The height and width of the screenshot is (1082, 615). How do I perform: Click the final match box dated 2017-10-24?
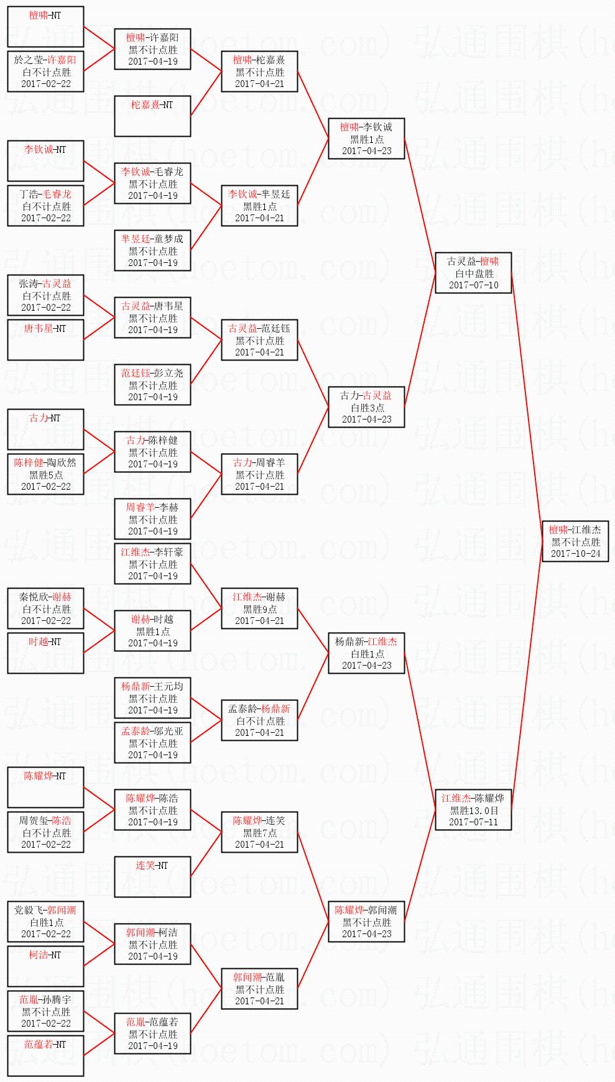[575, 541]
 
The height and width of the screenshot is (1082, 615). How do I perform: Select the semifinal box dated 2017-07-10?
[474, 273]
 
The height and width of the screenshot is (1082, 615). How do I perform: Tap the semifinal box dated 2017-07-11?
[474, 810]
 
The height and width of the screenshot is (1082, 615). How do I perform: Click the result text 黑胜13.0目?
[474, 810]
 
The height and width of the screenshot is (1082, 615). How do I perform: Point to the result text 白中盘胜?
[474, 273]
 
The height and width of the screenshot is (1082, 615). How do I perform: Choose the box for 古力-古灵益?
[366, 407]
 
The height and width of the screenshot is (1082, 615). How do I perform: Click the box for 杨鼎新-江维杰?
[366, 653]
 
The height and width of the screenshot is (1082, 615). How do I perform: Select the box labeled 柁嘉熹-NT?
[152, 116]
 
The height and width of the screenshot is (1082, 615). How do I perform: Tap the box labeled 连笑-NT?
[152, 877]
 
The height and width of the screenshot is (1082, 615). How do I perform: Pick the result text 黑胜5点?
[45, 475]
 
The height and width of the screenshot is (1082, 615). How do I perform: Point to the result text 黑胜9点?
[259, 609]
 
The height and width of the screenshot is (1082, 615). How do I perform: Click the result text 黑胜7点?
[259, 833]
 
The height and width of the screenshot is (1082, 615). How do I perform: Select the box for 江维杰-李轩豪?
[152, 564]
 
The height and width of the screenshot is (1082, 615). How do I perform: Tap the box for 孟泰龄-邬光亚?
[152, 743]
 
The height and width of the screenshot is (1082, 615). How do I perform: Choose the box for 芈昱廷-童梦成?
[152, 250]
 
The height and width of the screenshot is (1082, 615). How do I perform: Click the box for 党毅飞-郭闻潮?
[45, 922]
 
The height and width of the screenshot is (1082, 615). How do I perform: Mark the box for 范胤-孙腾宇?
[45, 1011]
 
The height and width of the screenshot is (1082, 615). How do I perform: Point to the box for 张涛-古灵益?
[45, 295]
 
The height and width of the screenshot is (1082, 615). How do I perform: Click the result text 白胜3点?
[366, 408]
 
